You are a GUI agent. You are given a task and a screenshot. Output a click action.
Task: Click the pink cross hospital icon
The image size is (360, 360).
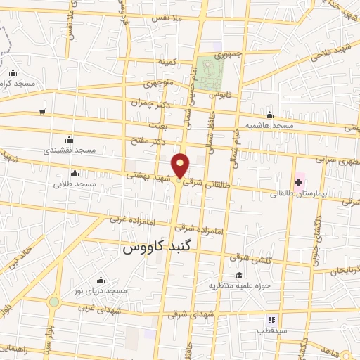299,183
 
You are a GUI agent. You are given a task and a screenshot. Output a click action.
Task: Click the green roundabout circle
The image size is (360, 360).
54,302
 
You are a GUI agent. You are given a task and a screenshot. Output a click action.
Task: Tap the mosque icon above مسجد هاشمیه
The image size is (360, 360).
269,115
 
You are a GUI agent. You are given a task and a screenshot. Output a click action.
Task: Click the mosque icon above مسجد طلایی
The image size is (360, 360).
75,174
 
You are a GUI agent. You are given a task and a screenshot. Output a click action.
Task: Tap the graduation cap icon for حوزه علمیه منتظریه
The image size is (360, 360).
239,276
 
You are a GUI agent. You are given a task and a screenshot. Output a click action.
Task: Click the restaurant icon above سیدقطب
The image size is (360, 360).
271,321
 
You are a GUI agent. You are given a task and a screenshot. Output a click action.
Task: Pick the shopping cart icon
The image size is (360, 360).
42,111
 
